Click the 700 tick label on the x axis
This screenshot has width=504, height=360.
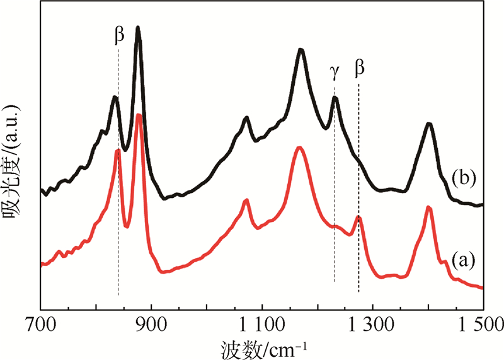click(x=41, y=325)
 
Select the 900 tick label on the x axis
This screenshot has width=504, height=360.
click(x=151, y=325)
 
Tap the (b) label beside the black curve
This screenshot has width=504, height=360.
click(x=462, y=178)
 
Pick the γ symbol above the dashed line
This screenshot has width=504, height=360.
click(x=335, y=72)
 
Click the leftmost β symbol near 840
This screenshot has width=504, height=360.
click(x=118, y=36)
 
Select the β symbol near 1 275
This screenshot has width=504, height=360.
click(x=360, y=68)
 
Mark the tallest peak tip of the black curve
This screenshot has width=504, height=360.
click(x=138, y=28)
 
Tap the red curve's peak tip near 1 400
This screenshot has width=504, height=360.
click(x=428, y=207)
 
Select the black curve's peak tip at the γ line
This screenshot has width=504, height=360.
click(x=335, y=98)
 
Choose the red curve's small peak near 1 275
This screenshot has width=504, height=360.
click(x=358, y=217)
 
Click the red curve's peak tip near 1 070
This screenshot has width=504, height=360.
click(x=246, y=200)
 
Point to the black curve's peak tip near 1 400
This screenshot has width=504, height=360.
click(x=429, y=124)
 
